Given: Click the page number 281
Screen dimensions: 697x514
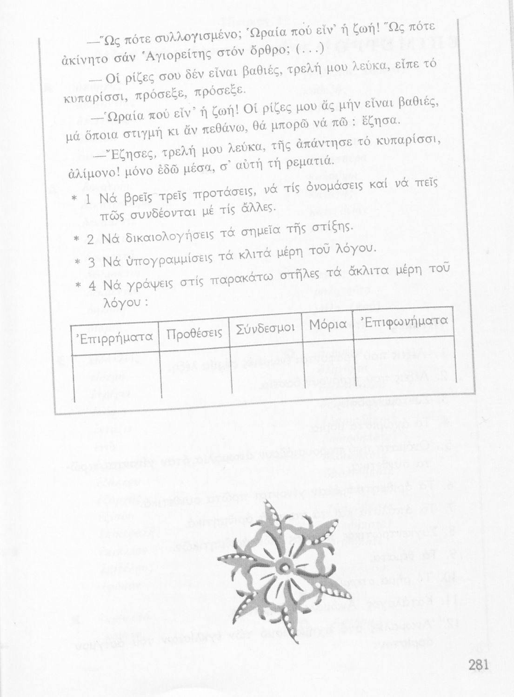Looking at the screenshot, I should (x=479, y=665).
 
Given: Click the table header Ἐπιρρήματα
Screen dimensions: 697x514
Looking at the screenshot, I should (x=114, y=337).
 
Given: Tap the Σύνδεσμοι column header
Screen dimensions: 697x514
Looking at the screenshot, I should (x=266, y=328).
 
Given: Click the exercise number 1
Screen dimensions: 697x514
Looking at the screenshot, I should (x=88, y=199).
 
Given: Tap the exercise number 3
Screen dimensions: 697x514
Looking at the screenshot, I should (x=91, y=262).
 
